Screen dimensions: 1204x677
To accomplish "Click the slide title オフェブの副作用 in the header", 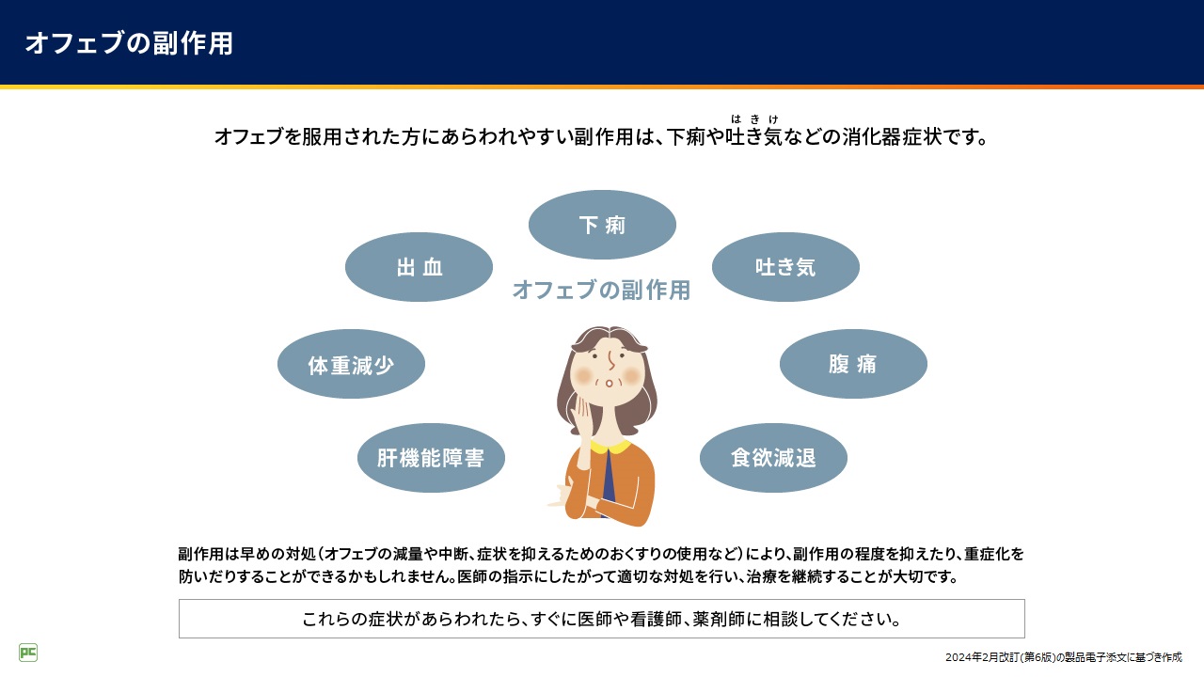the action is [x=129, y=43].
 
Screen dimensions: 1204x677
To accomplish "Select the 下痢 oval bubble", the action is [x=602, y=225].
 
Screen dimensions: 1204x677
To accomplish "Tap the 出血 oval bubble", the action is [x=419, y=267].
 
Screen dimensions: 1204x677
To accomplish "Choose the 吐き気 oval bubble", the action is [x=785, y=267].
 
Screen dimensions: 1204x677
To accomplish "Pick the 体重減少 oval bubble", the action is [x=351, y=364].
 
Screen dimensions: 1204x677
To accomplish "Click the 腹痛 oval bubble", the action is [x=853, y=364].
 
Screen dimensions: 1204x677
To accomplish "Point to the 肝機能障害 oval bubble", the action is [x=431, y=458].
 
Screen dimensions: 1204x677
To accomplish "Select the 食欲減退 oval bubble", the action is [x=773, y=458].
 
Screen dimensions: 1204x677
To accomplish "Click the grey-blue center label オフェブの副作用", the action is [x=601, y=291].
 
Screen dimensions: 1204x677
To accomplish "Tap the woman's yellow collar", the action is [x=610, y=447].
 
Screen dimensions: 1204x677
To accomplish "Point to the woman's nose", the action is [x=611, y=361].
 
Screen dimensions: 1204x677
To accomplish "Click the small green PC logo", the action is [x=28, y=653].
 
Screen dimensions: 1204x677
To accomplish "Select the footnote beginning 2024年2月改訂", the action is [x=1064, y=657].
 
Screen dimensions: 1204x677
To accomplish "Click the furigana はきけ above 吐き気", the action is [x=754, y=119].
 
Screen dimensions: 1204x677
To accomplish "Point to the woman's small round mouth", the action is [x=609, y=383].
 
